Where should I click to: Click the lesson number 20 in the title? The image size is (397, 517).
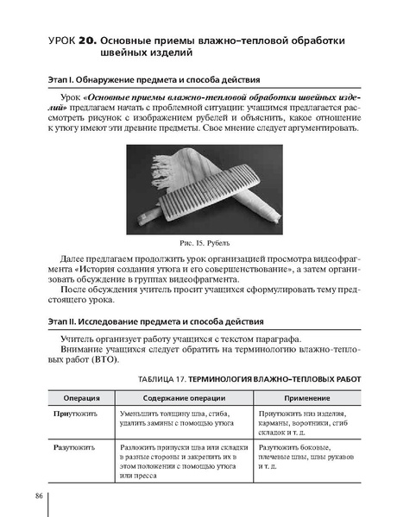pos(87,41)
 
